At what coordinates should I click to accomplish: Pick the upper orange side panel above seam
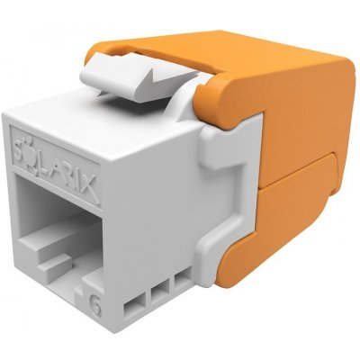297,117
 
